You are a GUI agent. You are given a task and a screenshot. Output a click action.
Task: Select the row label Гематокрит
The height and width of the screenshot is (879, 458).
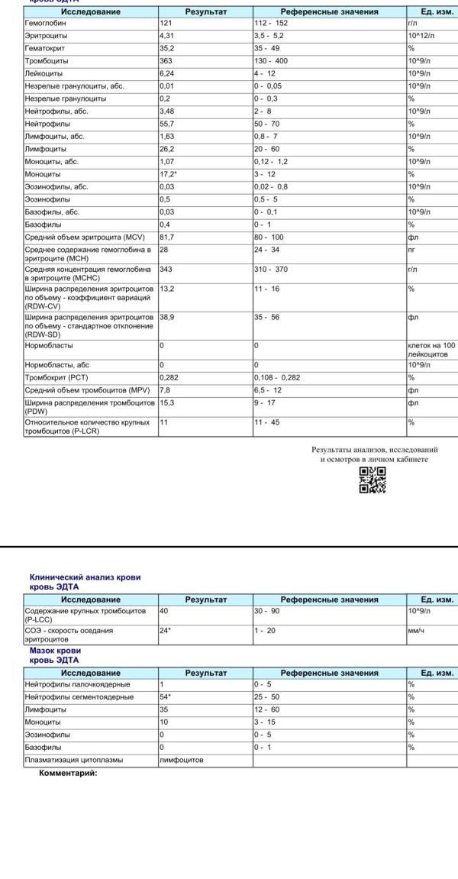(x=44, y=48)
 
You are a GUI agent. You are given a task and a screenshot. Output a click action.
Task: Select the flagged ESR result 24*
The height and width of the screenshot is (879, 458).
(x=166, y=631)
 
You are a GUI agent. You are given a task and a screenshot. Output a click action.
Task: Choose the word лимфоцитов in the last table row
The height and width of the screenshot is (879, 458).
(x=181, y=760)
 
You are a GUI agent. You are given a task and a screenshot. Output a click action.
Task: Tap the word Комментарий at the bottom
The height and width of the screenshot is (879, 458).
(x=68, y=772)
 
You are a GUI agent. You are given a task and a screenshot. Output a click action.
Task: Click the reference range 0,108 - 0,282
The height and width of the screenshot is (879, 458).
(x=282, y=376)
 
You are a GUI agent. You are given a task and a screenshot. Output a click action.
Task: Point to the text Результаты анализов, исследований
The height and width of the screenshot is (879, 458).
(x=373, y=450)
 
